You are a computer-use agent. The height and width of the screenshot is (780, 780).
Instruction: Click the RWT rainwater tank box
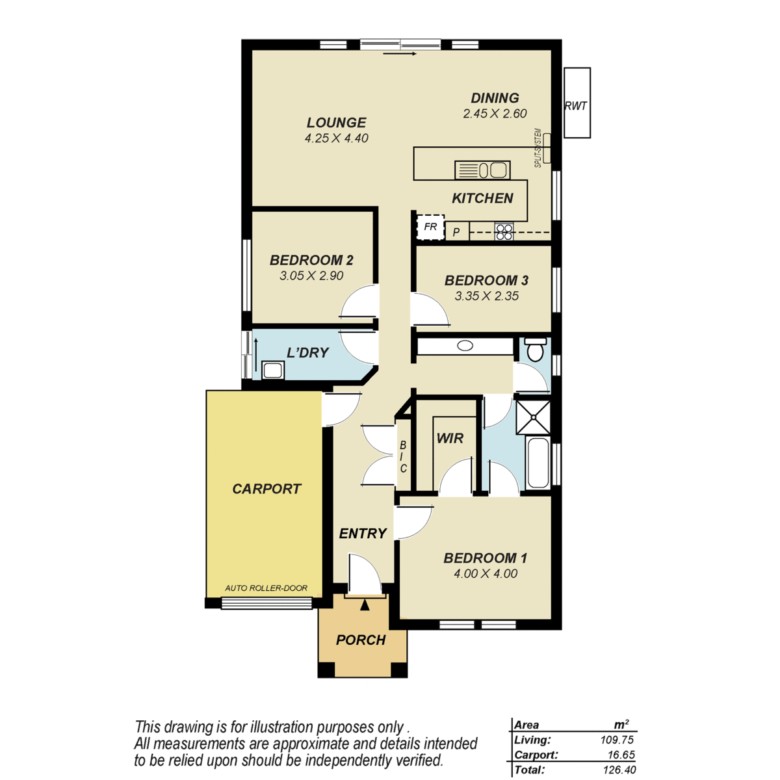click(x=577, y=103)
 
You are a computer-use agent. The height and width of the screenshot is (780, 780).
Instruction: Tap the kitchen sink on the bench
click(x=482, y=170)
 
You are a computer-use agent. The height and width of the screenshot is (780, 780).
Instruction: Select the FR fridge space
click(x=430, y=227)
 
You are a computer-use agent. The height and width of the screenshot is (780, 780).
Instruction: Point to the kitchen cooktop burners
click(x=504, y=232)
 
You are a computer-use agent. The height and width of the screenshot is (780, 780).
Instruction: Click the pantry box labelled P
click(x=457, y=232)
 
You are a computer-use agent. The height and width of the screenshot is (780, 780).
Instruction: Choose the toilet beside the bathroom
click(x=536, y=350)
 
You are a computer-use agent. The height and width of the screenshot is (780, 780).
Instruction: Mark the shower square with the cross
click(x=534, y=417)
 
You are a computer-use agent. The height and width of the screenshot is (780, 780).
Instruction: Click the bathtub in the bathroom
click(x=538, y=463)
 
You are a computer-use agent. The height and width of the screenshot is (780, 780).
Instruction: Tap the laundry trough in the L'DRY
click(x=273, y=370)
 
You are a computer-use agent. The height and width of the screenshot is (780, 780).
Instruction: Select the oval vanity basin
click(x=465, y=346)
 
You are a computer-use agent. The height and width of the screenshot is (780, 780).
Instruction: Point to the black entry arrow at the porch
click(x=365, y=604)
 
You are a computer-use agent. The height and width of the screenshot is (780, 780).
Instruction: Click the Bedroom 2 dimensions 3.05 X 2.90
click(x=311, y=276)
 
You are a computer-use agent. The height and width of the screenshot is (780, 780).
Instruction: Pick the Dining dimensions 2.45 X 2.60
click(x=495, y=114)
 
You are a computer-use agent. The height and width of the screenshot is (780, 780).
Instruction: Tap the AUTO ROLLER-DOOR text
click(x=266, y=588)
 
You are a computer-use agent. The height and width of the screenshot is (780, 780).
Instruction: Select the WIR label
click(x=450, y=438)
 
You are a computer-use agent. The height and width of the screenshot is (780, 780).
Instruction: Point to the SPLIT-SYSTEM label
click(x=538, y=148)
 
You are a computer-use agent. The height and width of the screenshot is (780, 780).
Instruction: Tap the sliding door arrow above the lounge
click(x=400, y=53)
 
